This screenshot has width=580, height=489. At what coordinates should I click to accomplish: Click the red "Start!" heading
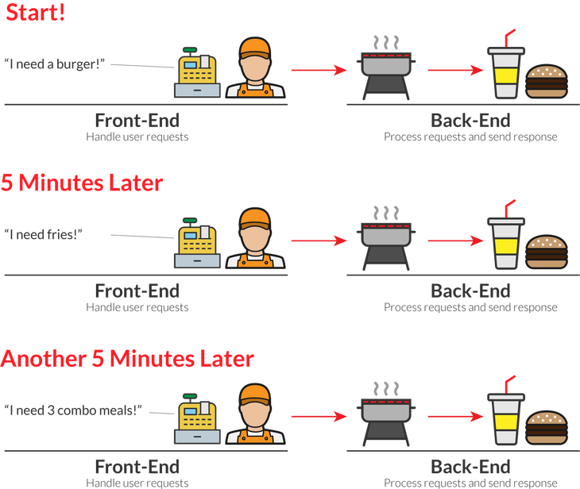(x=36, y=12)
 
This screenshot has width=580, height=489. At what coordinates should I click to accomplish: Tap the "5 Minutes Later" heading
(x=82, y=183)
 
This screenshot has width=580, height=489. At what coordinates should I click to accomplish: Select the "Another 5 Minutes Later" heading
(x=127, y=359)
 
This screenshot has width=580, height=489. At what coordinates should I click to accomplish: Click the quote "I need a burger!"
(x=54, y=64)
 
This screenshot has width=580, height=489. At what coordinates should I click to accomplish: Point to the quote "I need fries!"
(x=43, y=234)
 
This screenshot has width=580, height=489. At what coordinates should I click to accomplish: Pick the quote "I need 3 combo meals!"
(x=73, y=410)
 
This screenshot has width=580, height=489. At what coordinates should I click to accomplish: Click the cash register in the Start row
(x=197, y=72)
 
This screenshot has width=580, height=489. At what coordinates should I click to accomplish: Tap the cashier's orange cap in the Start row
(x=255, y=48)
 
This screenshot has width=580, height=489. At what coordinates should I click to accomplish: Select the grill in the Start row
(x=386, y=68)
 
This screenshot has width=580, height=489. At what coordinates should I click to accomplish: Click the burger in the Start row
(x=547, y=81)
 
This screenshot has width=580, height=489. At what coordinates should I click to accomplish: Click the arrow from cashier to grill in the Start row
(x=319, y=70)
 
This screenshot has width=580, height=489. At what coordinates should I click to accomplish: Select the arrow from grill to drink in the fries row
(x=455, y=241)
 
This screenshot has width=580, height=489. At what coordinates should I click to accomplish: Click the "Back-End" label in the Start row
(x=470, y=121)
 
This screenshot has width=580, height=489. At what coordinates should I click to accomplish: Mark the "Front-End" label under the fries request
(x=137, y=291)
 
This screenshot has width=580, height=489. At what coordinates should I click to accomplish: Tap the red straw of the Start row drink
(x=509, y=38)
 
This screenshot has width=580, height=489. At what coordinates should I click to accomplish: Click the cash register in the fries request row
(x=197, y=243)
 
